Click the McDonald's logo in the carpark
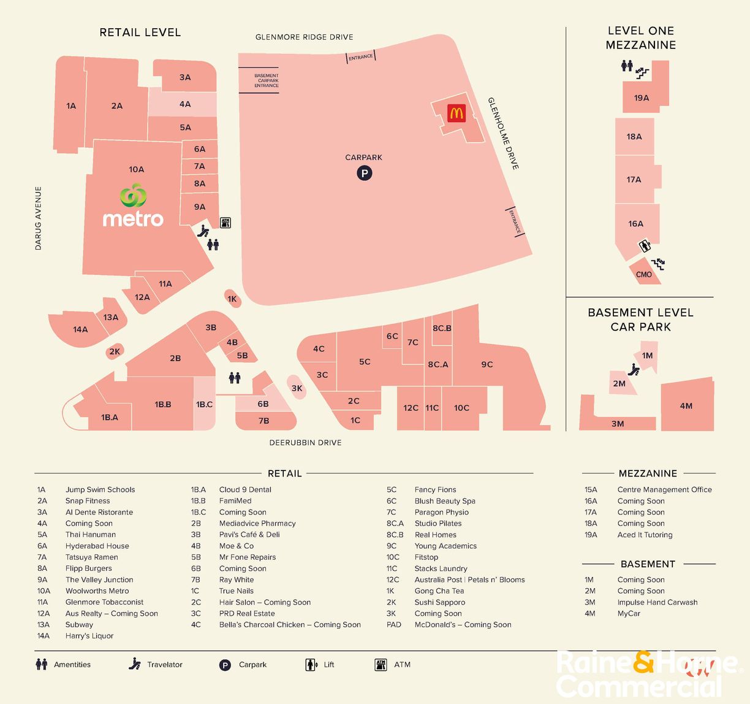pyautogui.click(x=456, y=113)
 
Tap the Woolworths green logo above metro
pyautogui.click(x=134, y=196)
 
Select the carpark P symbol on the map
pyautogui.click(x=365, y=174)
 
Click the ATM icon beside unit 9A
pyautogui.click(x=225, y=223)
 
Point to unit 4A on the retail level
pyautogui.click(x=184, y=104)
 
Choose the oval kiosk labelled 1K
pyautogui.click(x=232, y=299)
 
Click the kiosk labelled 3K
pyautogui.click(x=297, y=388)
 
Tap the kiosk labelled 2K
pyautogui.click(x=115, y=351)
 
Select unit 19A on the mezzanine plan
pyautogui.click(x=642, y=98)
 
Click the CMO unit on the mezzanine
pyautogui.click(x=644, y=274)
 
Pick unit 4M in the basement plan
pyautogui.click(x=686, y=406)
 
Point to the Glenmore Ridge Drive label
pyautogui.click(x=304, y=37)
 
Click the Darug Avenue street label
pyautogui.click(x=38, y=218)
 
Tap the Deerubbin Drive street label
pyautogui.click(x=305, y=442)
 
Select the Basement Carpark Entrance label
pyautogui.click(x=266, y=80)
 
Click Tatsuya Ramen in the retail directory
pyautogui.click(x=92, y=557)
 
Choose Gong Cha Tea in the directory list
pyautogui.click(x=439, y=591)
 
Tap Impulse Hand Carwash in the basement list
pyautogui.click(x=657, y=602)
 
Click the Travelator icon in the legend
pyautogui.click(x=135, y=664)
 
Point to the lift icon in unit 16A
pyautogui.click(x=644, y=247)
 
